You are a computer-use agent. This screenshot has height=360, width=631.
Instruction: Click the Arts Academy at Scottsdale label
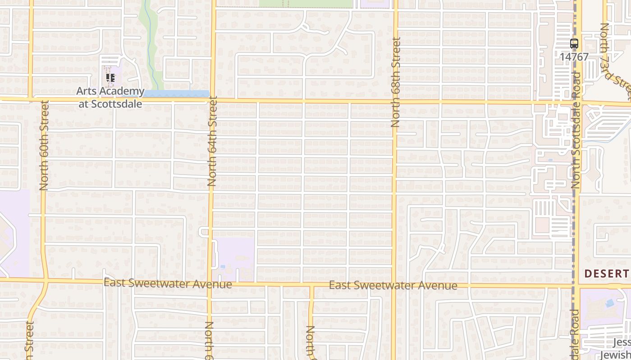tap(110, 97)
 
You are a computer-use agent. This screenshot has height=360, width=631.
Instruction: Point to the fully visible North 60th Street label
tap(44, 145)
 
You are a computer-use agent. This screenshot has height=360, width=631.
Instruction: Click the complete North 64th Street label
tap(212, 142)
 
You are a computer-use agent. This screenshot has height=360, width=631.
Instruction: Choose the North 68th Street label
tap(396, 82)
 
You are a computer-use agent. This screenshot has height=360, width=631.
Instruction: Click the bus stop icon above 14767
tap(574, 44)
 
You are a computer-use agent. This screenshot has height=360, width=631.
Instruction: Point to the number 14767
tap(574, 57)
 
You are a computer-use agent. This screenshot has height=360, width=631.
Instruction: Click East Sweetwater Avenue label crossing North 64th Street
tap(168, 283)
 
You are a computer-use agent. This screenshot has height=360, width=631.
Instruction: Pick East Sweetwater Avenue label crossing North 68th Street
tap(393, 285)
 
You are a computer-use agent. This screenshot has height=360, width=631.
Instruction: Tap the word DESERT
tap(607, 273)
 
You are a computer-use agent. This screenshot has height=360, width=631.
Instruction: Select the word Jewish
tap(616, 355)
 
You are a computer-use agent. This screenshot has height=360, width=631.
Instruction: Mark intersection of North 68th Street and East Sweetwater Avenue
tap(393, 285)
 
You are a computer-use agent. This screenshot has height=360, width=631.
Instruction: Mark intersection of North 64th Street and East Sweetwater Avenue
tap(210, 283)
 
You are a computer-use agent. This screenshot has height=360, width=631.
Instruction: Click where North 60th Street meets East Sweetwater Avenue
tap(45, 281)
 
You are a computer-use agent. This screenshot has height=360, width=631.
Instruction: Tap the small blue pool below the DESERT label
tap(609, 303)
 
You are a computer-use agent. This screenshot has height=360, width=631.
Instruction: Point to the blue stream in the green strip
tap(149, 49)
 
